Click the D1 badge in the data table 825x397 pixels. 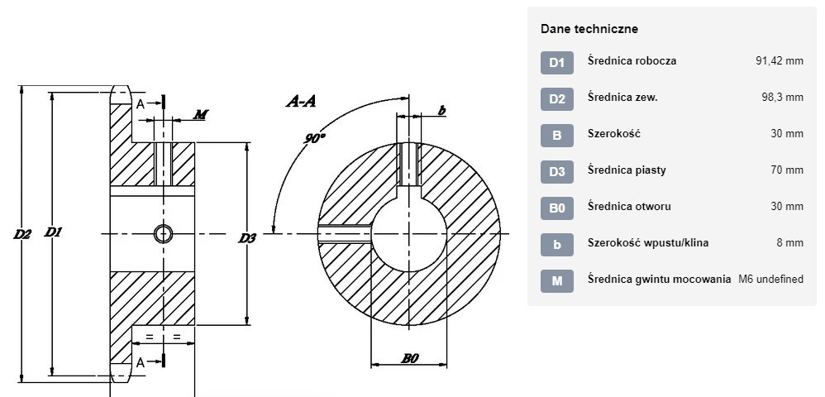click(x=556, y=63)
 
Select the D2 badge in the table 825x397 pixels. click(x=556, y=99)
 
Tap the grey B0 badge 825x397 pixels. click(x=556, y=208)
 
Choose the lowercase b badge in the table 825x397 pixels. click(x=556, y=245)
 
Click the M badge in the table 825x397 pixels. click(x=556, y=281)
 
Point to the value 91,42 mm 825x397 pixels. click(x=780, y=60)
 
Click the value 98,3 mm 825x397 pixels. click(x=782, y=97)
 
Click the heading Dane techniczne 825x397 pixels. click(x=589, y=29)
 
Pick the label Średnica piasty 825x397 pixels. click(x=627, y=170)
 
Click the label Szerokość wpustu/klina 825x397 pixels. click(x=648, y=242)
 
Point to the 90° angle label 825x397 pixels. click(x=315, y=138)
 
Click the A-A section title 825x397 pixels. click(x=301, y=101)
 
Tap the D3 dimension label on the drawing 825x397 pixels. click(x=247, y=238)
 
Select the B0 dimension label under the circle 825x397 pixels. click(x=410, y=359)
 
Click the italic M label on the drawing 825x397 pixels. click(x=199, y=114)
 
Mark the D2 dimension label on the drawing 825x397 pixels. click(x=22, y=234)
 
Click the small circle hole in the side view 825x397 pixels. click(x=164, y=233)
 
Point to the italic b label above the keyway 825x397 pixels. click(x=442, y=110)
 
